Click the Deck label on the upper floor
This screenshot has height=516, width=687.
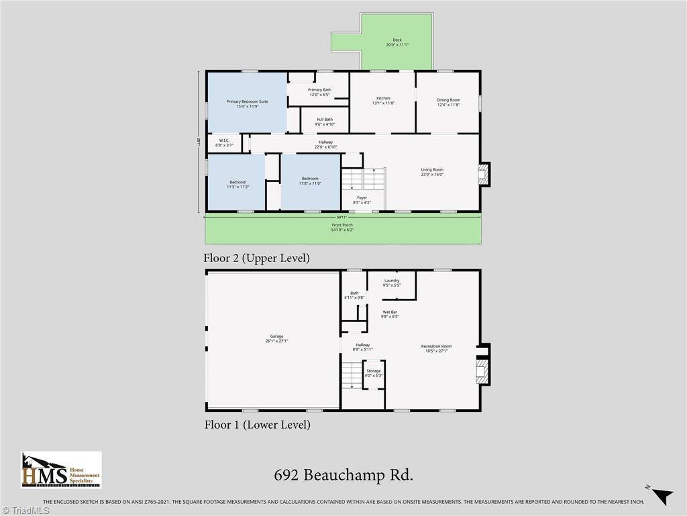point(398,42)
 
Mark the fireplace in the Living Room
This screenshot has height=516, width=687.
point(482,175)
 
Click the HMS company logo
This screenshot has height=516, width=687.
point(61,470)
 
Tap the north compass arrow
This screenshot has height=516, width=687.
point(661,494)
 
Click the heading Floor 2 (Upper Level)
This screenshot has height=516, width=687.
point(256,258)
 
